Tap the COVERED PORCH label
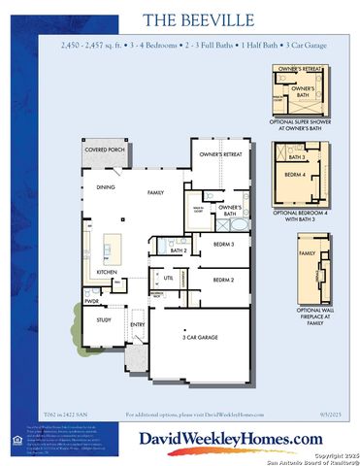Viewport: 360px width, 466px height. pos(103,150)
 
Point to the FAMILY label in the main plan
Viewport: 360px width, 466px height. pos(155,193)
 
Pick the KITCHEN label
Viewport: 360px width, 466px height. pos(106,272)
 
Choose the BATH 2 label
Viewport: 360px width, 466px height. pos(179,250)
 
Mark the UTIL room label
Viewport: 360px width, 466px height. pos(169,278)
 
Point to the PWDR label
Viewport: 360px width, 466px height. pos(91,301)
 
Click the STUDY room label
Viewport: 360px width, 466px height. pos(104,319)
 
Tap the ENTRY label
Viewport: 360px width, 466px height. pos(138,325)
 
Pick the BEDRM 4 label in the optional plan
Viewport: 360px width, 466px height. pos(295,175)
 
